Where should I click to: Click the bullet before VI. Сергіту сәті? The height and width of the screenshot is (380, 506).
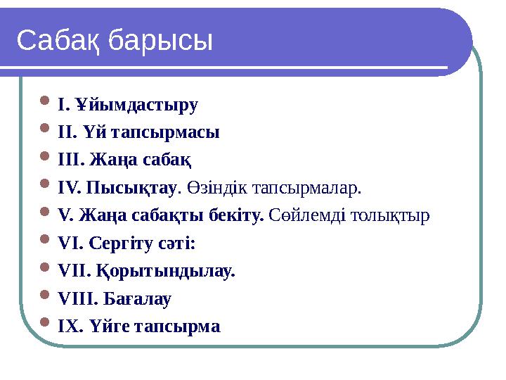46,243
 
